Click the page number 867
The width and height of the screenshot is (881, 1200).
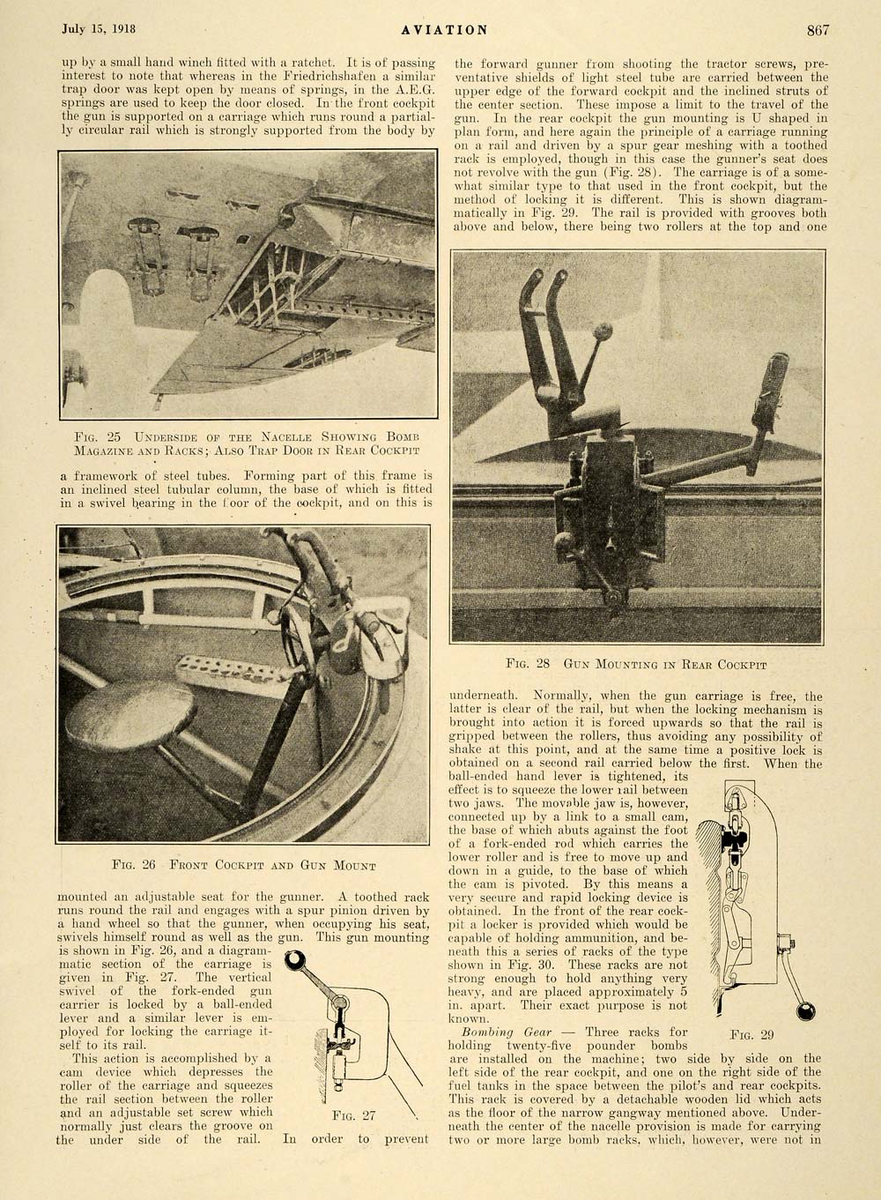click(x=818, y=30)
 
